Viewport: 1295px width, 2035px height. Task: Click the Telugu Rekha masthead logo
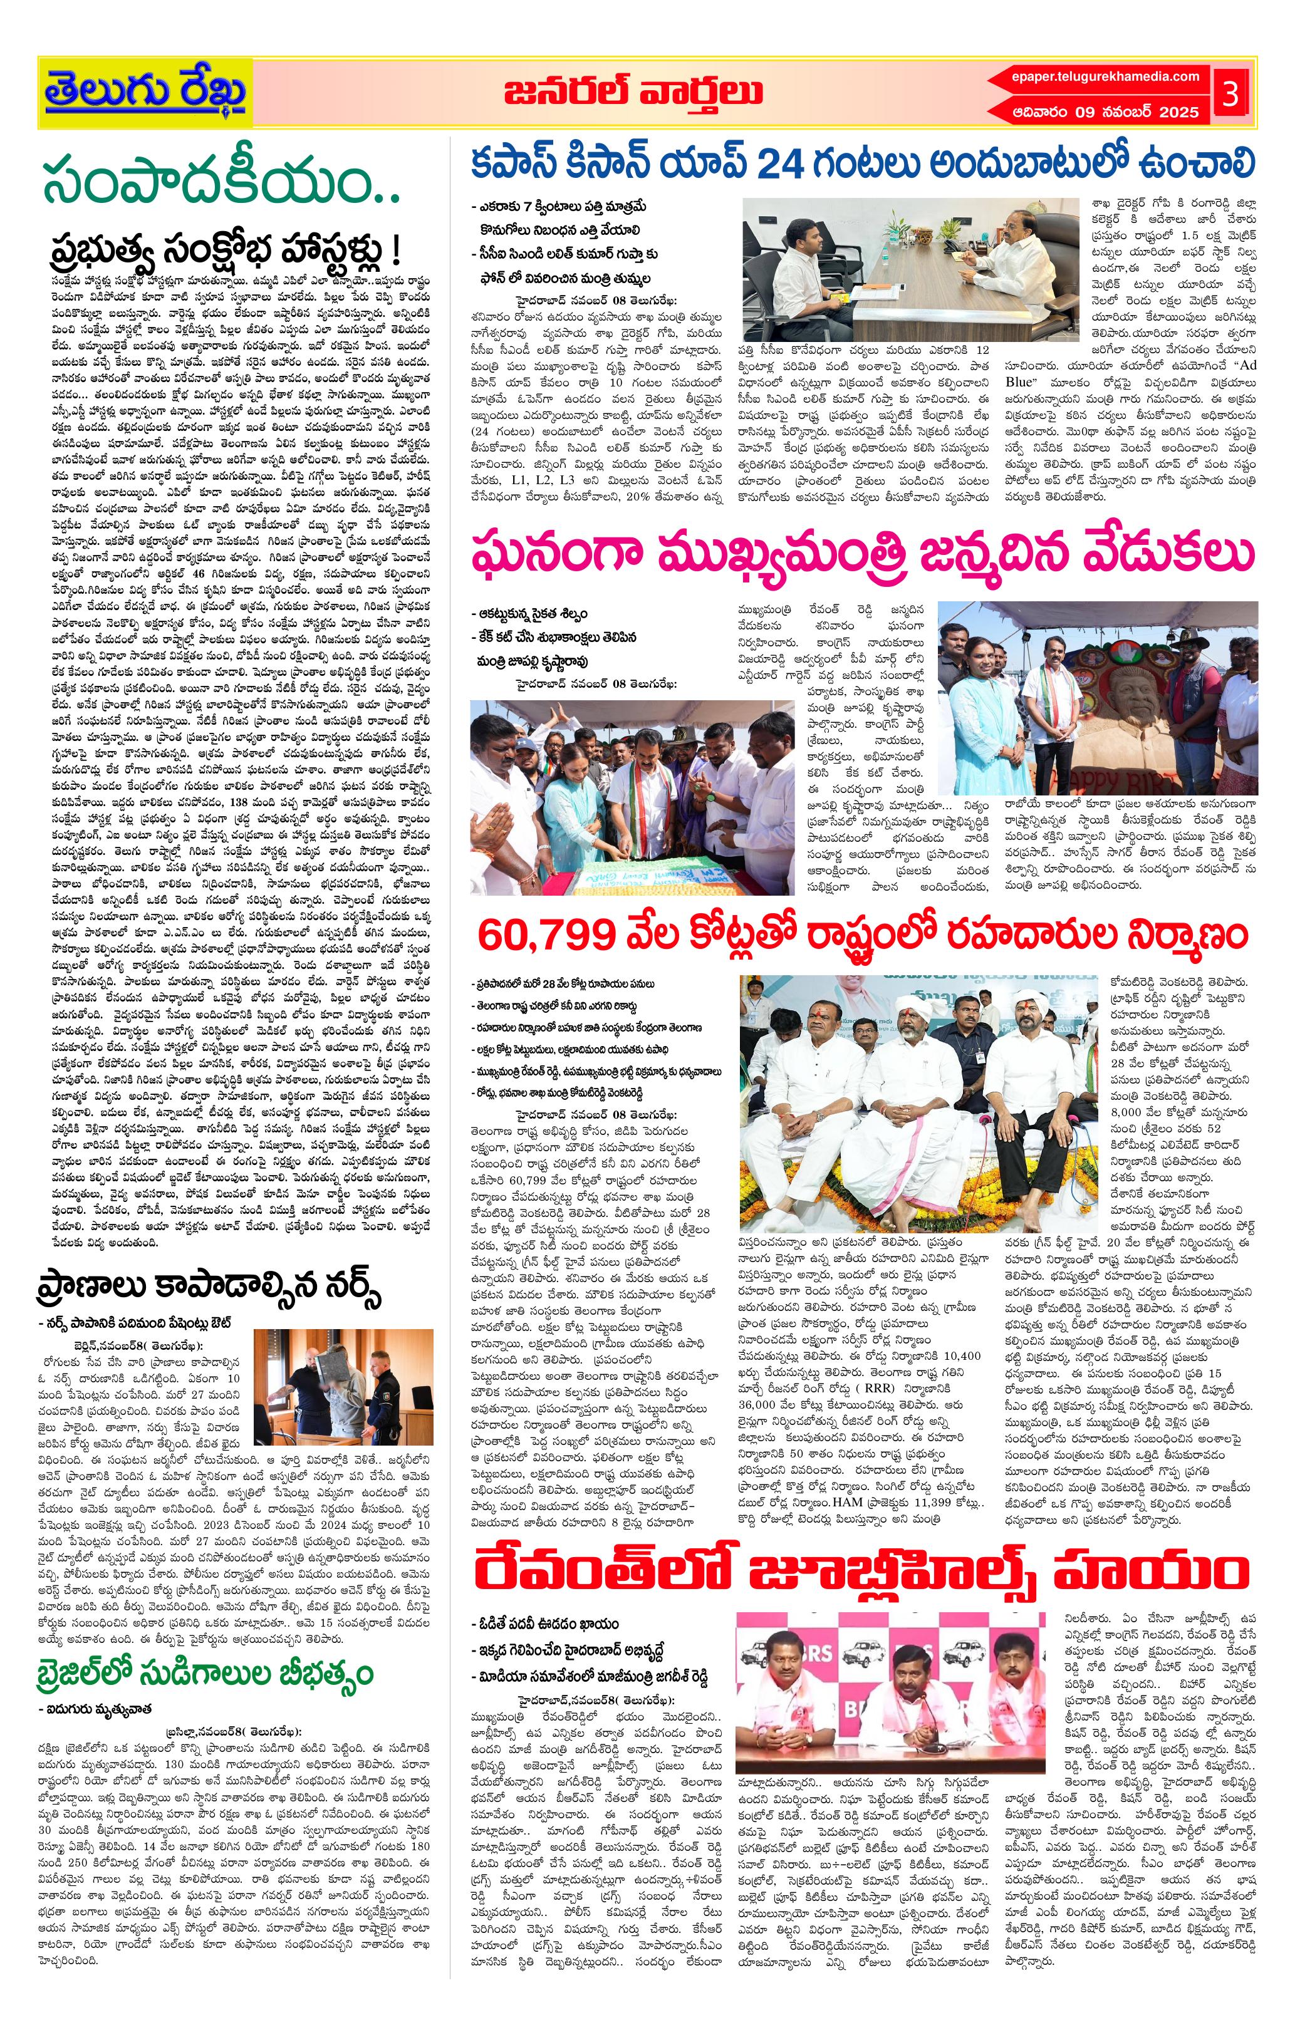coord(145,90)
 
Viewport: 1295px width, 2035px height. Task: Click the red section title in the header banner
coord(632,92)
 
